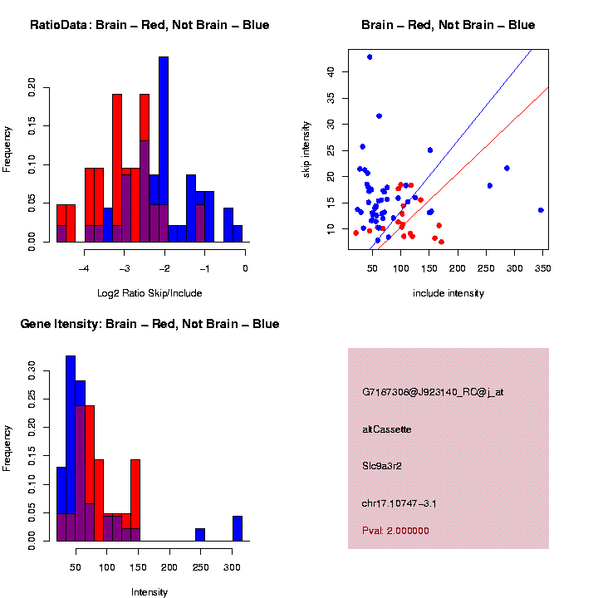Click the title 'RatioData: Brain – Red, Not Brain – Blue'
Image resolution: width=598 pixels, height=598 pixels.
149,25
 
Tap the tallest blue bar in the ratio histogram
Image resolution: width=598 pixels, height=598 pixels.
164,149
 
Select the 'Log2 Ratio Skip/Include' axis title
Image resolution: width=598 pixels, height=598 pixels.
149,292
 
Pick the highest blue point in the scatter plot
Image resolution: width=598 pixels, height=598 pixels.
370,56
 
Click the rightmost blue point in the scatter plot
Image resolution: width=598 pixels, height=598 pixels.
541,210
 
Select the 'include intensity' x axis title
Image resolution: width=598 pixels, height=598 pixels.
448,293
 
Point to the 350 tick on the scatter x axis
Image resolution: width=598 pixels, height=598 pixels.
541,268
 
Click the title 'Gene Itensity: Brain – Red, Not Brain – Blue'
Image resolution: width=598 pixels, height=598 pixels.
149,324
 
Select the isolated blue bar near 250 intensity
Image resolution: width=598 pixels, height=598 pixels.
200,534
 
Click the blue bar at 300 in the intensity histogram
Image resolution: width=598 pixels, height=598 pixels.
238,528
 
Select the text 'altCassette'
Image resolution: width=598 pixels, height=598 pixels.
387,429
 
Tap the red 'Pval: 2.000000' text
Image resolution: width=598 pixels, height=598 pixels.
396,530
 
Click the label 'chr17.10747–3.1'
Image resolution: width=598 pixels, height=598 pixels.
399,503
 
